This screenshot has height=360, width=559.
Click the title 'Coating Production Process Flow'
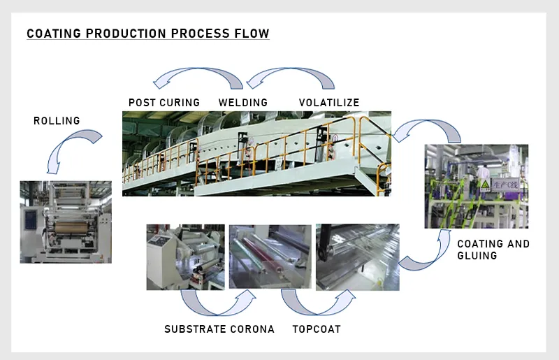(147, 34)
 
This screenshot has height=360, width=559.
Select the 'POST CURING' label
(164, 103)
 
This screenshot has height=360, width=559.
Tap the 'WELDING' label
(243, 103)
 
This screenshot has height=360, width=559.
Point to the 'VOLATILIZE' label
(329, 103)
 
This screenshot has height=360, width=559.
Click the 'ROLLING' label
(57, 121)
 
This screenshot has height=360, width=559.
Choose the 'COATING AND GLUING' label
(493, 250)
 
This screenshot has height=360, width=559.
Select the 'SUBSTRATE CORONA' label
(219, 329)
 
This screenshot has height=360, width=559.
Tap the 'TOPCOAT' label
(317, 329)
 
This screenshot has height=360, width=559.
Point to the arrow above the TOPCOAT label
(317, 303)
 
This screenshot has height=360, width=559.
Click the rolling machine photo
(65, 221)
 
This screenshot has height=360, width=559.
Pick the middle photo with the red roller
(270, 257)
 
